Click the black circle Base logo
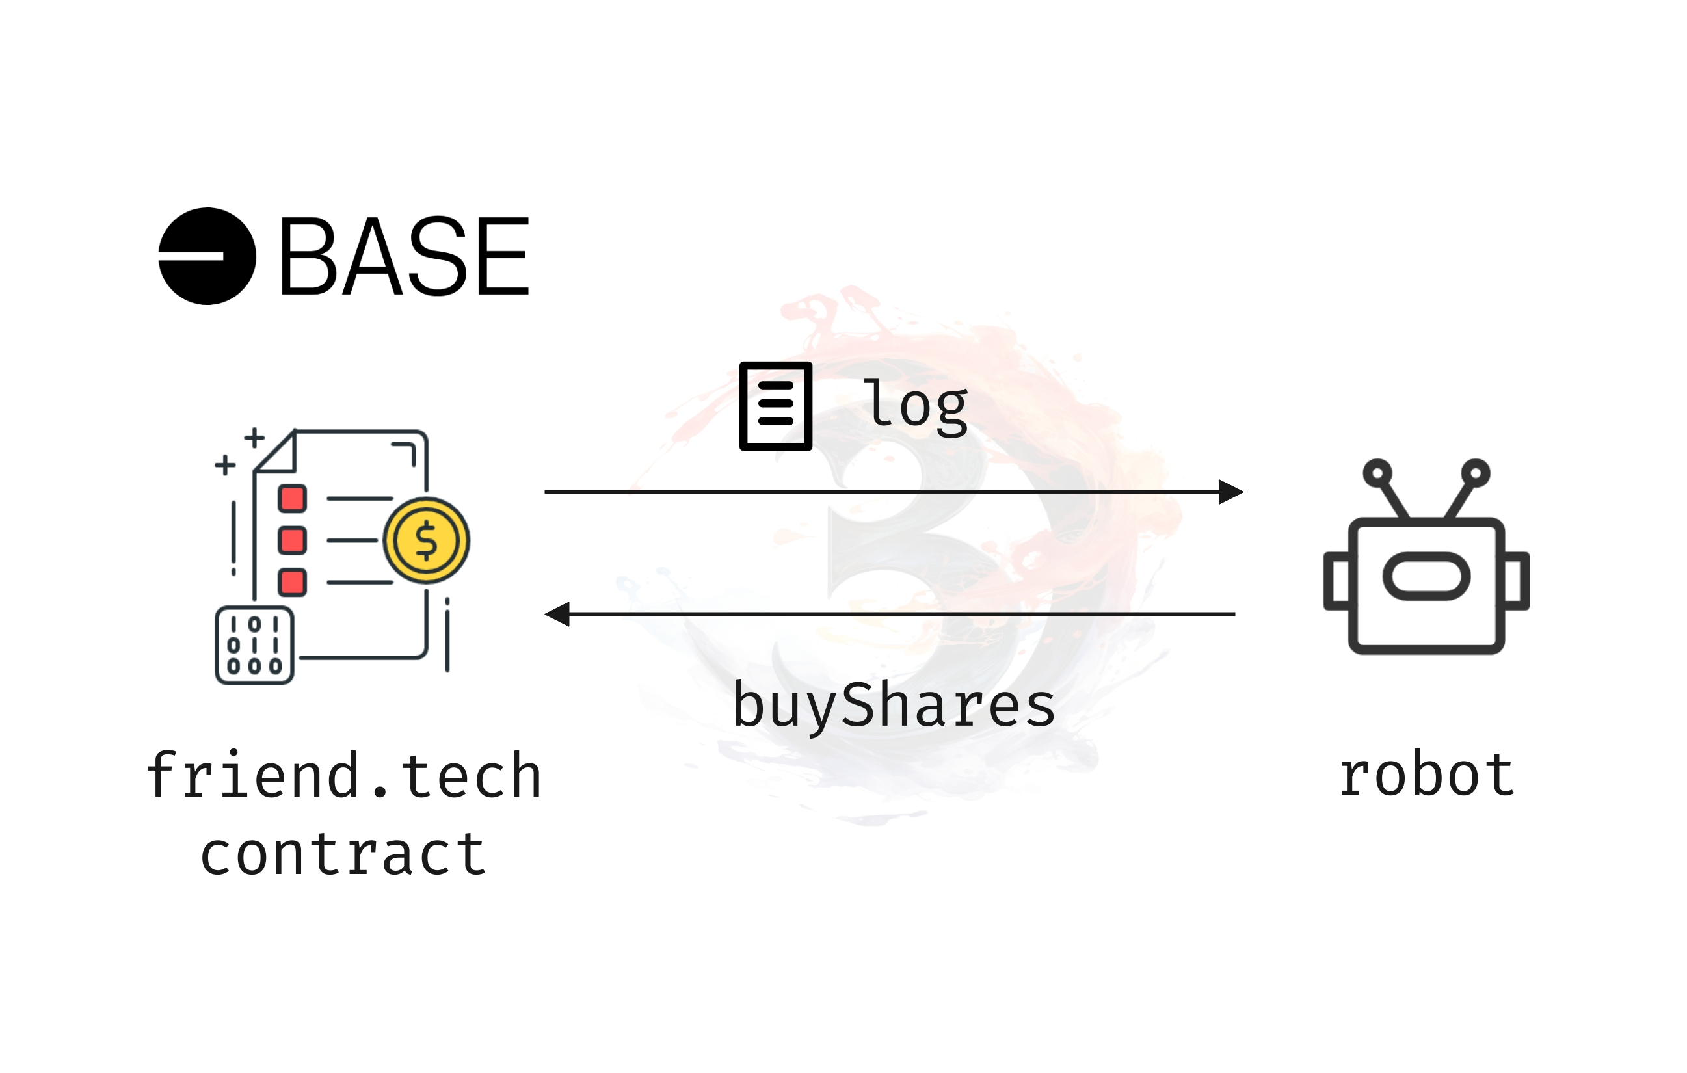(207, 256)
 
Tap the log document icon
(776, 406)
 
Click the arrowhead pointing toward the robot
(1231, 492)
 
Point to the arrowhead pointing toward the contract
(557, 615)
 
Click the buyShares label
(893, 706)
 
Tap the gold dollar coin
(426, 540)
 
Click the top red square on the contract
(292, 499)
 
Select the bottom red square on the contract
(292, 582)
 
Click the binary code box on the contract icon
(254, 645)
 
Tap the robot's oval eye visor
(1426, 576)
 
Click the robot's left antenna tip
(1377, 473)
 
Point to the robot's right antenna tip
(1476, 473)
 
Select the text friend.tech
(343, 776)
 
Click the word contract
(343, 854)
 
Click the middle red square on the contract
(292, 540)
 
